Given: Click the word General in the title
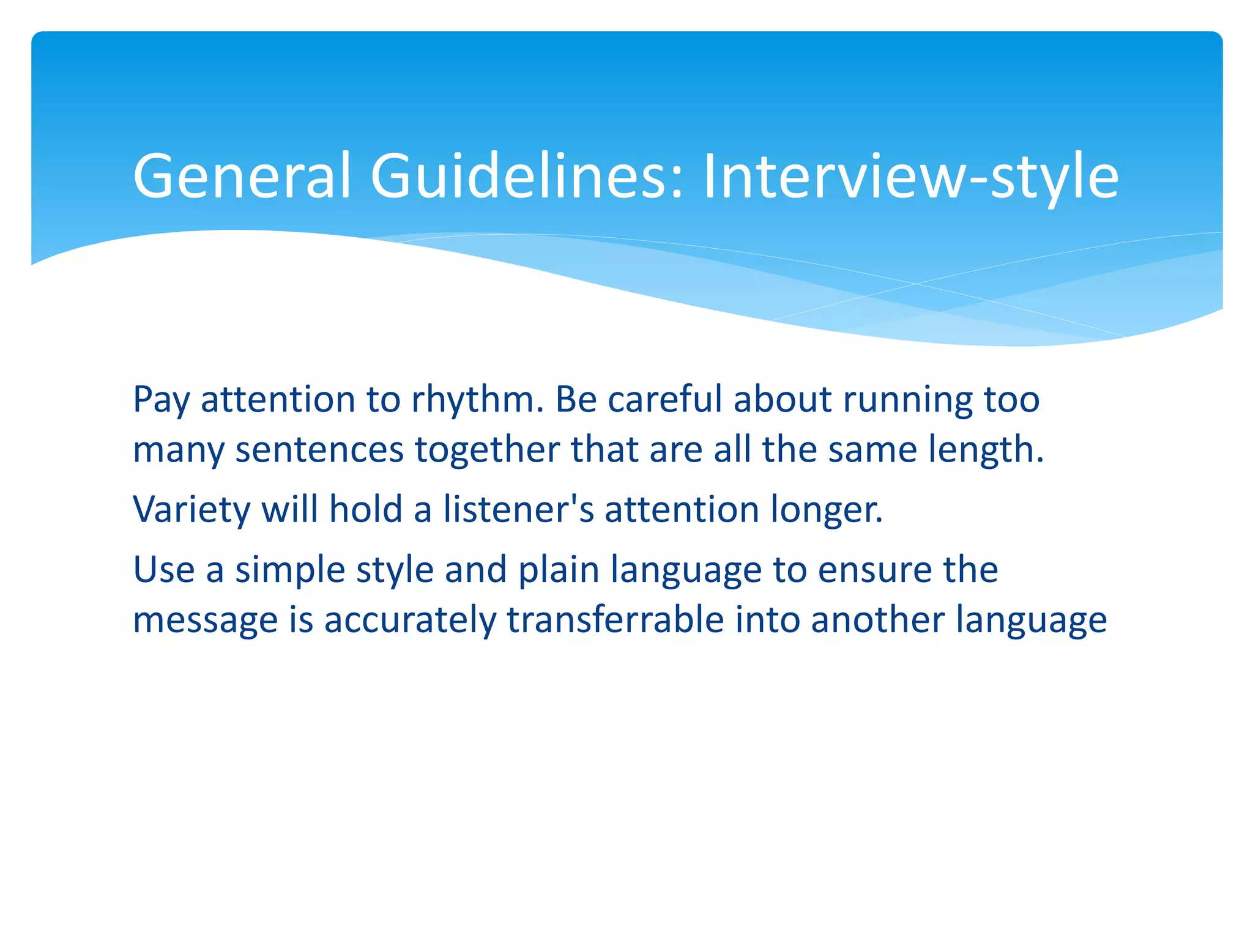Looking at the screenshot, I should pyautogui.click(x=242, y=176).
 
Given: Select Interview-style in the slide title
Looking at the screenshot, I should pyautogui.click(x=911, y=176).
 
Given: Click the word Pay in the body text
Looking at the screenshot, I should pyautogui.click(x=161, y=400).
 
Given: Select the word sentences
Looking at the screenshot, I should pyautogui.click(x=319, y=450).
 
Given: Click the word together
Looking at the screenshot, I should pyautogui.click(x=487, y=450).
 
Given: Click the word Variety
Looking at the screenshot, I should pyautogui.click(x=191, y=509).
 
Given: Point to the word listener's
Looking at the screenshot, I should pyautogui.click(x=518, y=509).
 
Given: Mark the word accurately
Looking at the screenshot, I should pyautogui.click(x=410, y=620).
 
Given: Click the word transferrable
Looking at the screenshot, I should pyautogui.click(x=615, y=620).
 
